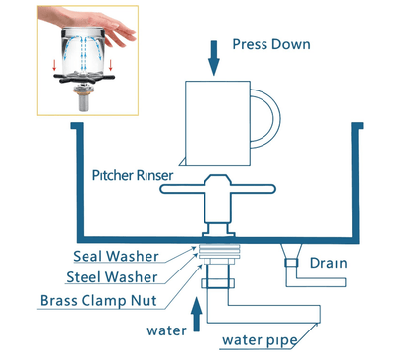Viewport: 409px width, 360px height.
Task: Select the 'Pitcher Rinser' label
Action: coord(129,175)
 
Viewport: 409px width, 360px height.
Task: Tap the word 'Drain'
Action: coord(329,264)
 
